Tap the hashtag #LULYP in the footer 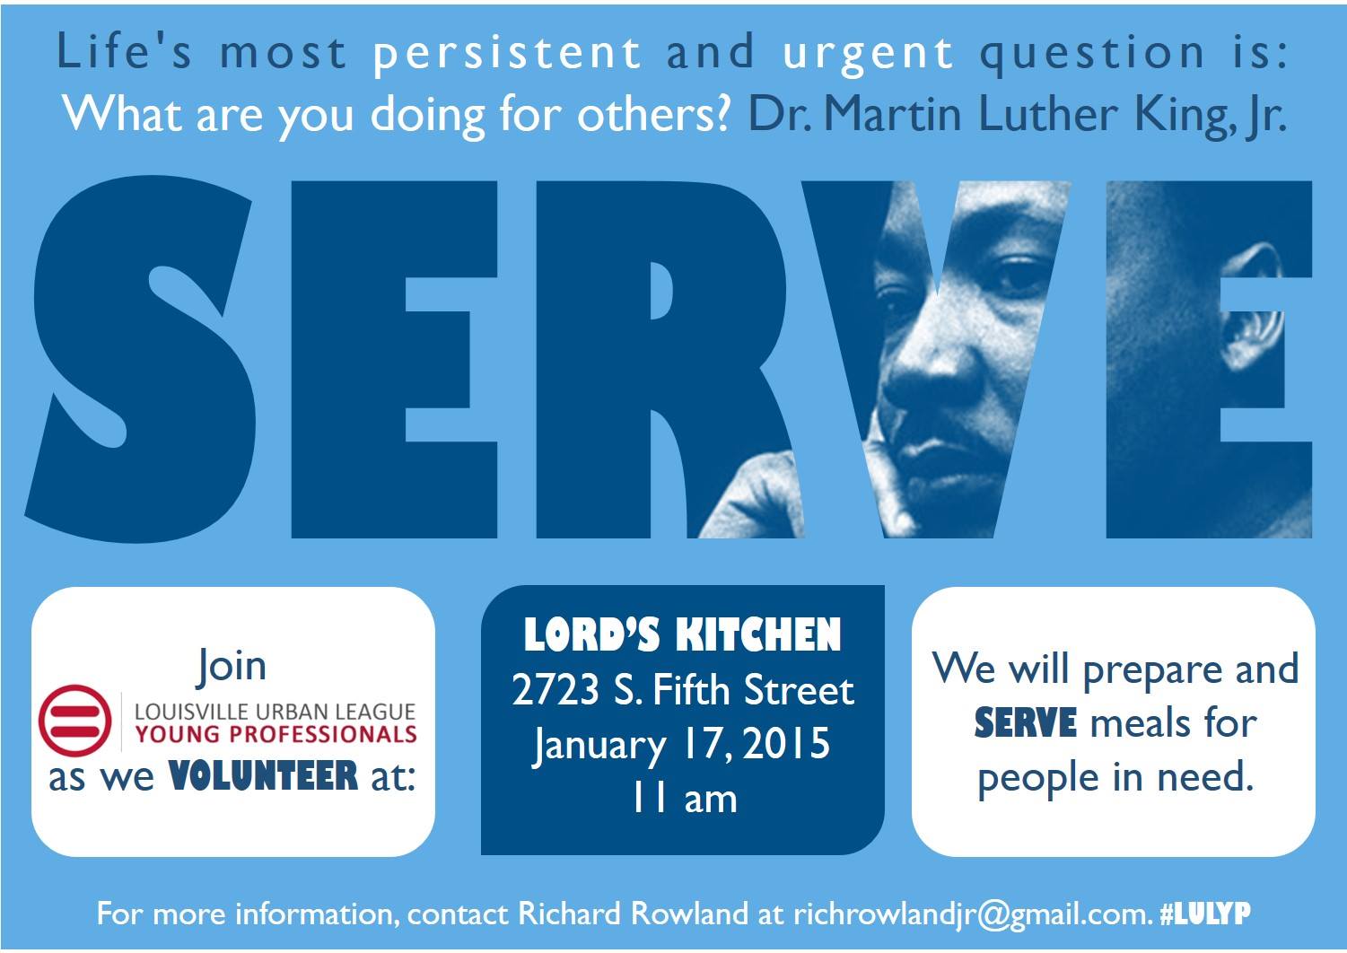pos(1205,914)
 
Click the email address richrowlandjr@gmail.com pos(971,914)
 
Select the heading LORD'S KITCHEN pos(682,635)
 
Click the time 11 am pos(684,799)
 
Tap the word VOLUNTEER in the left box pos(264,775)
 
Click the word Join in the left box pos(232,666)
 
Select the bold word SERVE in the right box pos(1025,723)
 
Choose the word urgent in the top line pos(867,52)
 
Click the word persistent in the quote pos(506,52)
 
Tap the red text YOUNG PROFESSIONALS pos(275,734)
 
